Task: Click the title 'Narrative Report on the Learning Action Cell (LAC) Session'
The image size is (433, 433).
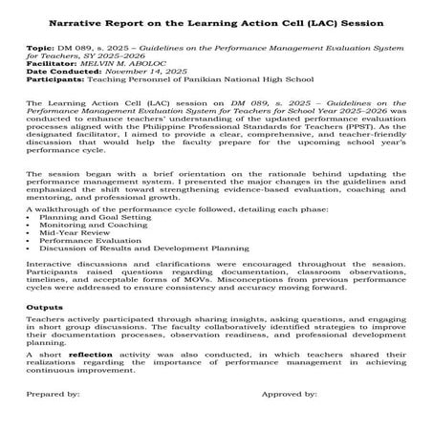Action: tap(215, 21)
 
